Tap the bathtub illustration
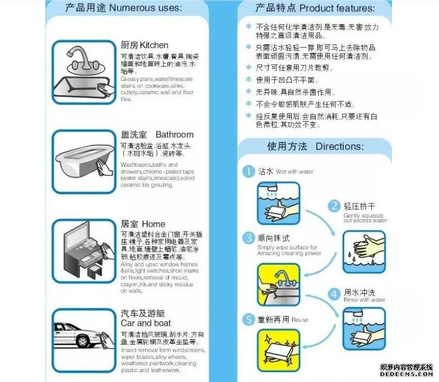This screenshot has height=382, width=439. [x=84, y=161]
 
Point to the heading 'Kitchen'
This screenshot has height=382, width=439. [x=154, y=45]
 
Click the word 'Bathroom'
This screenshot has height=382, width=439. [x=174, y=134]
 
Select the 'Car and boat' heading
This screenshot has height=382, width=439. [x=146, y=324]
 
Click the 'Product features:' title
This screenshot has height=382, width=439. [x=337, y=8]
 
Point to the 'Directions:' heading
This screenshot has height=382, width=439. [x=339, y=147]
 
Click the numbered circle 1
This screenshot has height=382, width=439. [x=248, y=172]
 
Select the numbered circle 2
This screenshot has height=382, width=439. [x=335, y=206]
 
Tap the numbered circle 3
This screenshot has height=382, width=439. [x=248, y=238]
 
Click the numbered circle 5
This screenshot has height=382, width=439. [x=248, y=320]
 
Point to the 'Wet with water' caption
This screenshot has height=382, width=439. [x=294, y=172]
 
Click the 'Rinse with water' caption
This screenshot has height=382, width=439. [x=364, y=300]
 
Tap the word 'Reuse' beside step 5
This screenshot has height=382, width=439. [x=300, y=320]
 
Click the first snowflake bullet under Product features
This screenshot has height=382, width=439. [x=248, y=26]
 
